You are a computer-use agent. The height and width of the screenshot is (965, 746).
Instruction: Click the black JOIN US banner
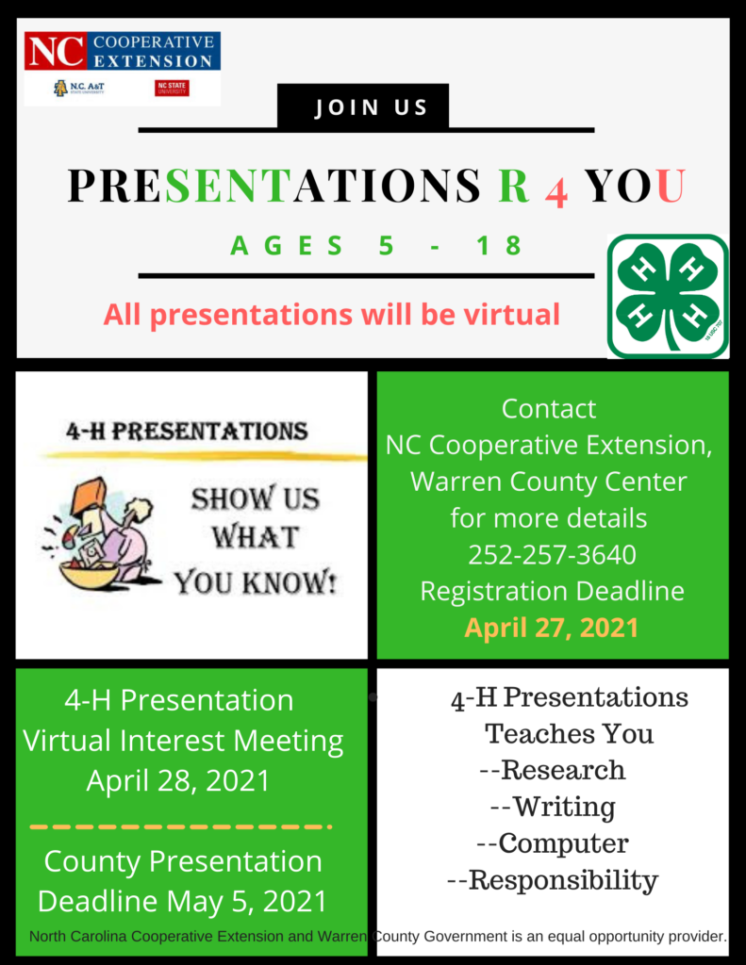pyautogui.click(x=363, y=106)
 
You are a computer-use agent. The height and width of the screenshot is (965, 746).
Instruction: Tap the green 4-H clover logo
pyautogui.click(x=669, y=296)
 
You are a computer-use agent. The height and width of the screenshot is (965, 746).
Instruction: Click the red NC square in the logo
pyautogui.click(x=56, y=51)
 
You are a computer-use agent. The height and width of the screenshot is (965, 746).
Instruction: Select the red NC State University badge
pyautogui.click(x=172, y=88)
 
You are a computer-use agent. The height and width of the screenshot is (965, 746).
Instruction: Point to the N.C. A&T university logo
pyautogui.click(x=79, y=88)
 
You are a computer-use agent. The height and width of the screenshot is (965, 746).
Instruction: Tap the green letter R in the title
pyautogui.click(x=514, y=185)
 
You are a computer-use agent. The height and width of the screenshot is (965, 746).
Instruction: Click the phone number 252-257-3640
pyautogui.click(x=552, y=554)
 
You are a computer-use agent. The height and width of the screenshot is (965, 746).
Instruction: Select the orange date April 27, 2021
pyautogui.click(x=552, y=628)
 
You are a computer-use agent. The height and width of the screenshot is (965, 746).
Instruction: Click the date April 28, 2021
pyautogui.click(x=178, y=780)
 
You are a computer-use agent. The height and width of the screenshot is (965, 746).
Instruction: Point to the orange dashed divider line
pyautogui.click(x=181, y=826)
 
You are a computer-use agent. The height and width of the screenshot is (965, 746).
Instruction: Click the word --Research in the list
pyautogui.click(x=552, y=770)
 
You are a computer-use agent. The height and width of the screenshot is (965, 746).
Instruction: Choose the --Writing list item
pyautogui.click(x=553, y=807)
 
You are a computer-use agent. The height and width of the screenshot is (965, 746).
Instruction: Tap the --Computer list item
pyautogui.click(x=553, y=843)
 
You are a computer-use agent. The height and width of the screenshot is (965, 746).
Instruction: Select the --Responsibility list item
pyautogui.click(x=553, y=880)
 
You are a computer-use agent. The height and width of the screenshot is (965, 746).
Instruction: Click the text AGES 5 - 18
pyautogui.click(x=376, y=245)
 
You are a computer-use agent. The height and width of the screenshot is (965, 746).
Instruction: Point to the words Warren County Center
pyautogui.click(x=548, y=482)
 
